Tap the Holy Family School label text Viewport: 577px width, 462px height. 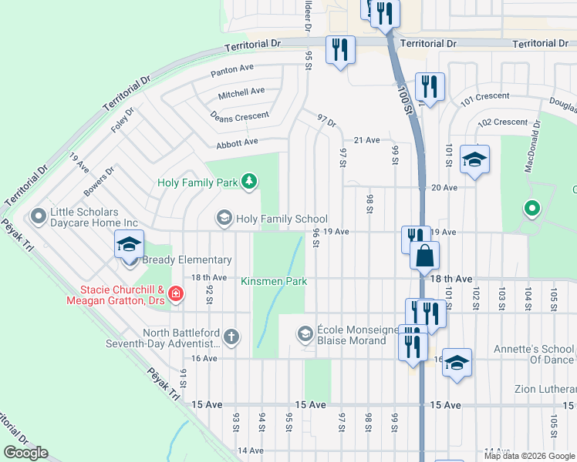click(282, 219)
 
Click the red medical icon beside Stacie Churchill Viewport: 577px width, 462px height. click(176, 294)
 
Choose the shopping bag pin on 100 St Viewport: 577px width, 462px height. click(424, 256)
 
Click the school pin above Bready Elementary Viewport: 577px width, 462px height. click(130, 246)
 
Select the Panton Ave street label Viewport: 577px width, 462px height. click(233, 70)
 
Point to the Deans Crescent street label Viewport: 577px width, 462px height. click(239, 117)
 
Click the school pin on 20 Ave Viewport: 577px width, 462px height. click(474, 159)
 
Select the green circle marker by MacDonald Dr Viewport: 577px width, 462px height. click(531, 208)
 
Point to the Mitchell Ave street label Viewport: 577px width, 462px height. click(241, 92)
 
